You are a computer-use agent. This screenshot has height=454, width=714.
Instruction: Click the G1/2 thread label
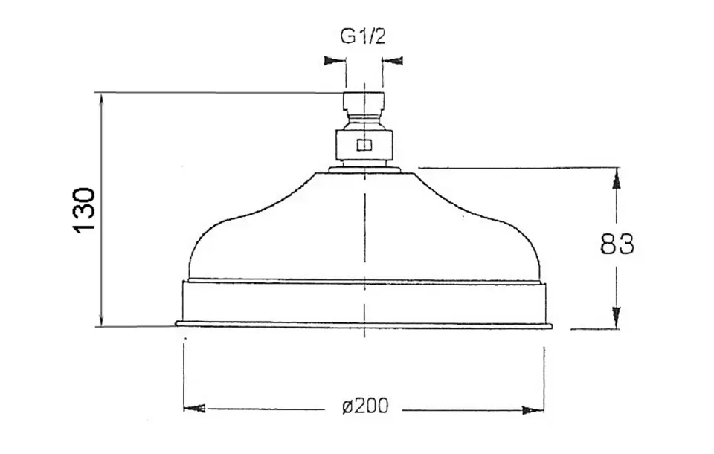tap(363, 36)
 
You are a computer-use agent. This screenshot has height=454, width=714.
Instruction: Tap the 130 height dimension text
tap(84, 210)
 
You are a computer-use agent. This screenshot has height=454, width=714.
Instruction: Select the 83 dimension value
tap(617, 244)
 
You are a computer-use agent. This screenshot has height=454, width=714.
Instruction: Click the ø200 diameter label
tap(366, 406)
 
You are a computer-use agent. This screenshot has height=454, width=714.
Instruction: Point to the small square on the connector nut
tap(364, 145)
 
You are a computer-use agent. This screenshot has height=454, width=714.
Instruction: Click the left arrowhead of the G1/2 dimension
tap(334, 60)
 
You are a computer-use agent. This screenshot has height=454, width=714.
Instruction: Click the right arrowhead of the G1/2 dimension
tap(393, 60)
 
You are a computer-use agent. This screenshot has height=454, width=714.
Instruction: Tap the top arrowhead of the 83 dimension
tap(616, 178)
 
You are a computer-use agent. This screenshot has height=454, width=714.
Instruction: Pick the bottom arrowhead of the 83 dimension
tap(616, 317)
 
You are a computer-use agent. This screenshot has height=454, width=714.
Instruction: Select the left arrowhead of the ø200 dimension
tap(194, 409)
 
